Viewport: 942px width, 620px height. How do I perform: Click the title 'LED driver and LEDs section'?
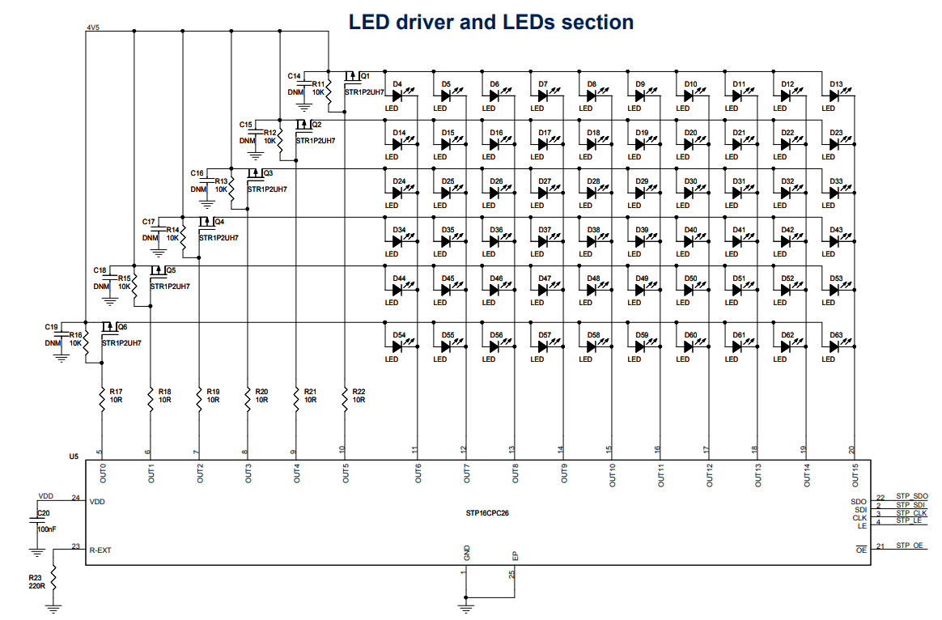pos(490,22)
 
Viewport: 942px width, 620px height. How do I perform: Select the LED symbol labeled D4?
pos(397,96)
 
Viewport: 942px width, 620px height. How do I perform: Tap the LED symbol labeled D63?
pos(834,346)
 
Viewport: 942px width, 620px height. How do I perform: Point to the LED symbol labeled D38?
pos(592,241)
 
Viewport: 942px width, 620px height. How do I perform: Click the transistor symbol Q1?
pos(353,79)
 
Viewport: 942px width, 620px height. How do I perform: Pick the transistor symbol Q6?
pos(109,329)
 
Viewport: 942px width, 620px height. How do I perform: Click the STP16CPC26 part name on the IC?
pos(487,512)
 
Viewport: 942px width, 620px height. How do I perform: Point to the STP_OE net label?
pos(909,546)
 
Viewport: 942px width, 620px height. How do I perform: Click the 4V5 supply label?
pos(92,28)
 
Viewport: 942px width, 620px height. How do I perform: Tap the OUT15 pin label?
pos(855,474)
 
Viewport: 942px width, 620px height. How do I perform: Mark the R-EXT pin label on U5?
pos(100,550)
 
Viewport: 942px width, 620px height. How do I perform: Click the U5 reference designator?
pos(74,457)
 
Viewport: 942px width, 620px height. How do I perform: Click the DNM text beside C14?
pos(295,92)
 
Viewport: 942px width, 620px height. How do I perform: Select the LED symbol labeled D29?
pos(640,193)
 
